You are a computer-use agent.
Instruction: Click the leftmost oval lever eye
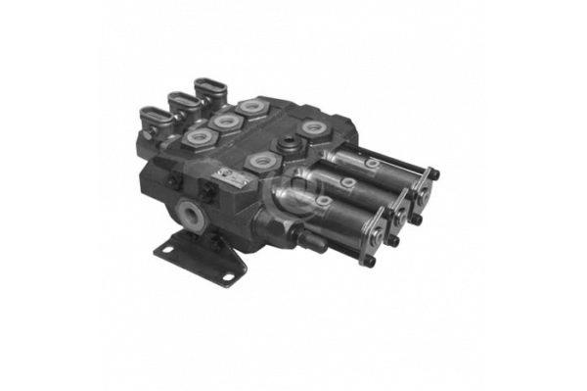(155, 117)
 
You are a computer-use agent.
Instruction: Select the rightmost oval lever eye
(209, 86)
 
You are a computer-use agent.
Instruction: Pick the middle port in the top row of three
(226, 121)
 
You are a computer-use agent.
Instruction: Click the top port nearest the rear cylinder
(313, 127)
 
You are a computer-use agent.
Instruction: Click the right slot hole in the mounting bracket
(228, 278)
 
